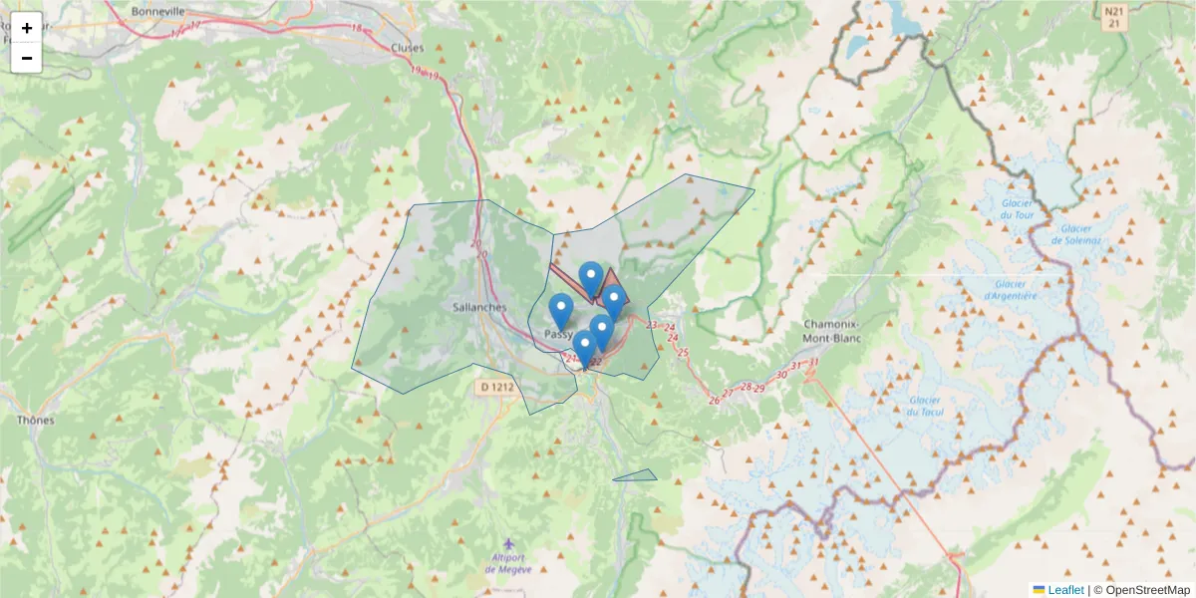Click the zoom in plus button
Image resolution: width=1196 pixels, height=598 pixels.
[x=27, y=28]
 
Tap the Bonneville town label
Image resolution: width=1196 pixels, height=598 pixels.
[x=158, y=12]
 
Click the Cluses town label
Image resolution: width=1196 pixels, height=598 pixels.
[x=407, y=48]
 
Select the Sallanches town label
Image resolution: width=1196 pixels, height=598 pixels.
[x=479, y=308]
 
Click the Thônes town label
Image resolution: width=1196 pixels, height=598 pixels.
[x=35, y=420]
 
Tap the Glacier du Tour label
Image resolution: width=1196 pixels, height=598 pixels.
[x=1019, y=209]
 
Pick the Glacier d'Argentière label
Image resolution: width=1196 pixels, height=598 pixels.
[x=1011, y=290]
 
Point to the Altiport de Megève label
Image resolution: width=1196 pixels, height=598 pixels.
[x=508, y=563]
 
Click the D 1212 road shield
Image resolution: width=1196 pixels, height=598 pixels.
[x=496, y=386]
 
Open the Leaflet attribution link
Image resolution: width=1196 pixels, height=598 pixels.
[x=1064, y=590]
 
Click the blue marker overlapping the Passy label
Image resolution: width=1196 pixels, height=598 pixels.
[x=562, y=311]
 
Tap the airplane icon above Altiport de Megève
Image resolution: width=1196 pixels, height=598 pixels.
[x=509, y=543]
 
